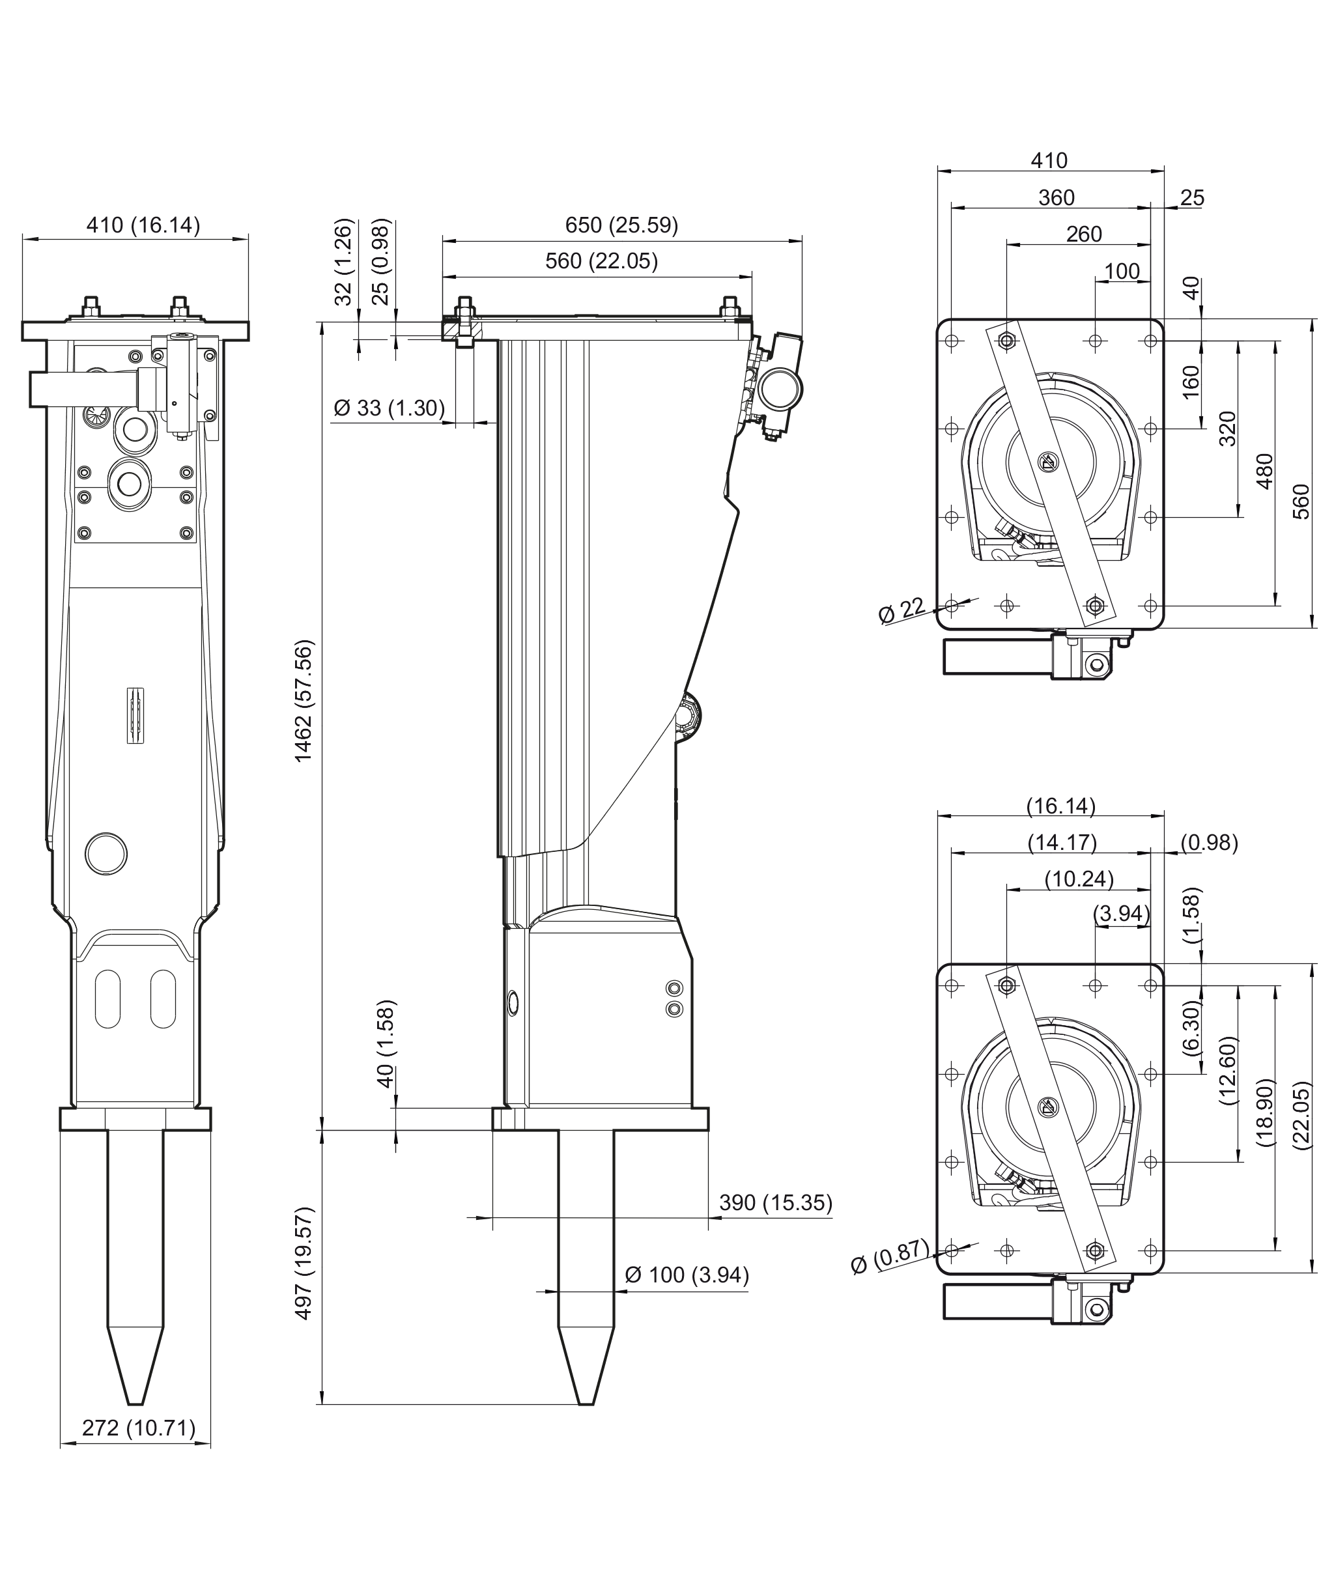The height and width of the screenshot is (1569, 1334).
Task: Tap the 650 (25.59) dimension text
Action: click(621, 225)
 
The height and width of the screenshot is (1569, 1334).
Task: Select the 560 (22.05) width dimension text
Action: click(601, 261)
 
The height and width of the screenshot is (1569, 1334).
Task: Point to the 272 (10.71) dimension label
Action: click(138, 1428)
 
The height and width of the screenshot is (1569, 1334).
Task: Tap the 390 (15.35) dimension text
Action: click(775, 1202)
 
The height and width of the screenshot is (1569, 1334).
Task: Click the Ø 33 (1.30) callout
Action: click(390, 408)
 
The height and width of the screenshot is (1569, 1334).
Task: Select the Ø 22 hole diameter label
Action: click(902, 610)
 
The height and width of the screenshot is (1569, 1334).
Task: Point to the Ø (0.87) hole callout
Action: click(889, 1256)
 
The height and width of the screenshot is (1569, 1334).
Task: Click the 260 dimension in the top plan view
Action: click(1084, 234)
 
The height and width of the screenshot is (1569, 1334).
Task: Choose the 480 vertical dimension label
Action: click(1264, 471)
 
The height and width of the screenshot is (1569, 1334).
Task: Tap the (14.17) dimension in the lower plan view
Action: click(1062, 842)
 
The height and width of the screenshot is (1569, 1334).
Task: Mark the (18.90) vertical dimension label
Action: click(1265, 1113)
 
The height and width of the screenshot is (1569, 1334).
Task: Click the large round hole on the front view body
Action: click(107, 854)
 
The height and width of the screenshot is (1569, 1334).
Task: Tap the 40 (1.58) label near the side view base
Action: click(386, 1044)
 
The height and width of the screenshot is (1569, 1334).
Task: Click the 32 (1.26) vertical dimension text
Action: click(343, 262)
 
